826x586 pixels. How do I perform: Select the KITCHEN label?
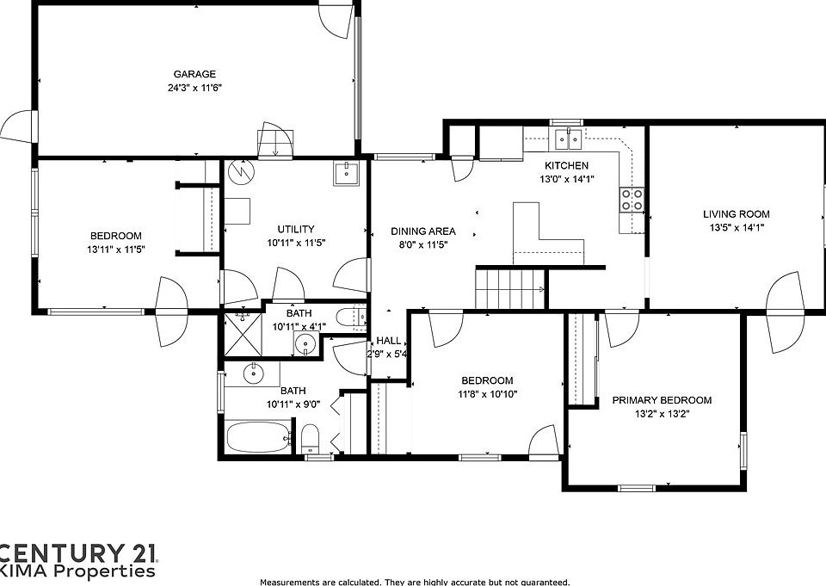coord(566,165)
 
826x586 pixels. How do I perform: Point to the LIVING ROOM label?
coord(736,214)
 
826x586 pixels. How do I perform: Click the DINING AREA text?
coord(422,231)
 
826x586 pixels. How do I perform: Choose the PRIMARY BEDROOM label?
coord(662,400)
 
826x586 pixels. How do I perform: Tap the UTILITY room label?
coord(295,229)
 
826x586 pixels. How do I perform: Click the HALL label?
coord(387,340)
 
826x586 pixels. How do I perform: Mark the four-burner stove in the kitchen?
coord(632,200)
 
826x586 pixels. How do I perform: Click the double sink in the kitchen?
coord(568,137)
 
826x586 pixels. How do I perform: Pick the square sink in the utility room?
coord(348,174)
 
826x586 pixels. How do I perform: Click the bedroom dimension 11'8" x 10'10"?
coord(487,394)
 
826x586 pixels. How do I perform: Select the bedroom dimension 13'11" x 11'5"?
coord(116,250)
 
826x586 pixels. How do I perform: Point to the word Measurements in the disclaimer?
coord(289,582)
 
